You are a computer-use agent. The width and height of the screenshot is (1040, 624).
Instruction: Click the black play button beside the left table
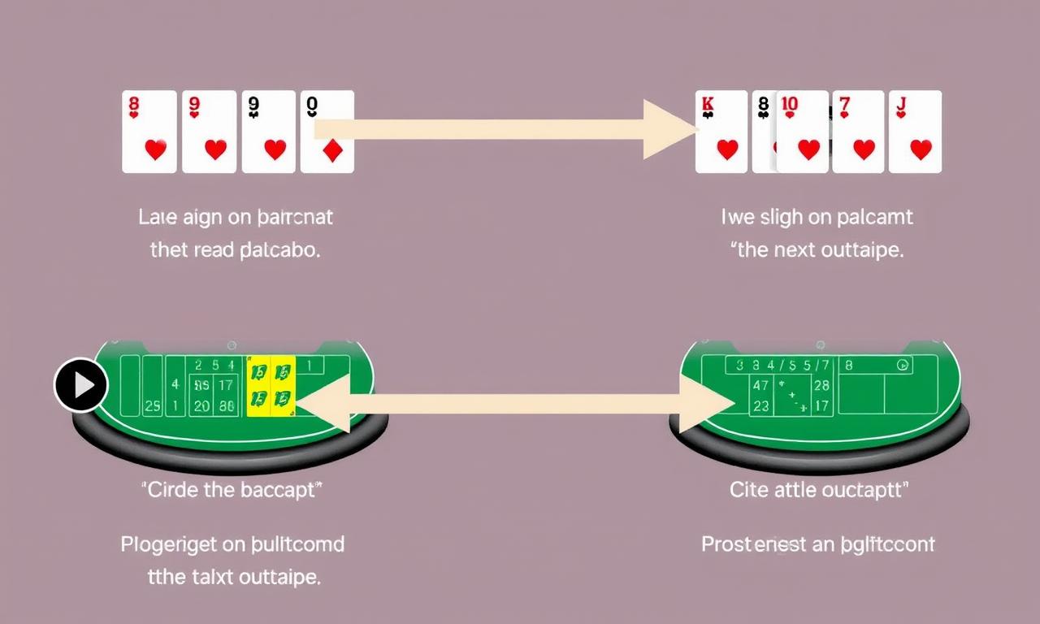[x=81, y=384]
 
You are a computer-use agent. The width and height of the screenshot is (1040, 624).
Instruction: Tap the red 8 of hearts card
[x=149, y=132]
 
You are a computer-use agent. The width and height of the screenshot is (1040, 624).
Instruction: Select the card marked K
[x=721, y=132]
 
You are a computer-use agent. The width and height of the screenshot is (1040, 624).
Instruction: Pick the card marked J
[x=915, y=132]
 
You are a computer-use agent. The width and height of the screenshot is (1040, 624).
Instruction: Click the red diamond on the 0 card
[x=332, y=151]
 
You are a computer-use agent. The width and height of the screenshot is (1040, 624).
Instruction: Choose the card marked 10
[x=803, y=132]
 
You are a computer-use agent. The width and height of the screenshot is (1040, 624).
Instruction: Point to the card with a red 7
[x=858, y=132]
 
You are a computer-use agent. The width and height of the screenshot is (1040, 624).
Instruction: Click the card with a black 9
[x=269, y=132]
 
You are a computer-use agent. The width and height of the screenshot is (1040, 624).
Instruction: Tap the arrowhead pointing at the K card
[x=670, y=129]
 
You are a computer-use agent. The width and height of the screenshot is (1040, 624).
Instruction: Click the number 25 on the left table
[x=153, y=405]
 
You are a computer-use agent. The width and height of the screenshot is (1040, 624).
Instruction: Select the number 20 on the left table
[x=202, y=405]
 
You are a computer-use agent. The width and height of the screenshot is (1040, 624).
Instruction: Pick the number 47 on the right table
[x=761, y=385]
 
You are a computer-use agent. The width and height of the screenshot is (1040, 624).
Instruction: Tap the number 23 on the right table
[x=761, y=405]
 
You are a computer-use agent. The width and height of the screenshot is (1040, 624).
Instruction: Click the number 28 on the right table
[x=821, y=385]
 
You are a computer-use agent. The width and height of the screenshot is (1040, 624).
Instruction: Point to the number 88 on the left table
[x=227, y=405]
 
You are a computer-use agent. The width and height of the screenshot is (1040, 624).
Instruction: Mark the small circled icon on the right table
[x=902, y=366]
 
